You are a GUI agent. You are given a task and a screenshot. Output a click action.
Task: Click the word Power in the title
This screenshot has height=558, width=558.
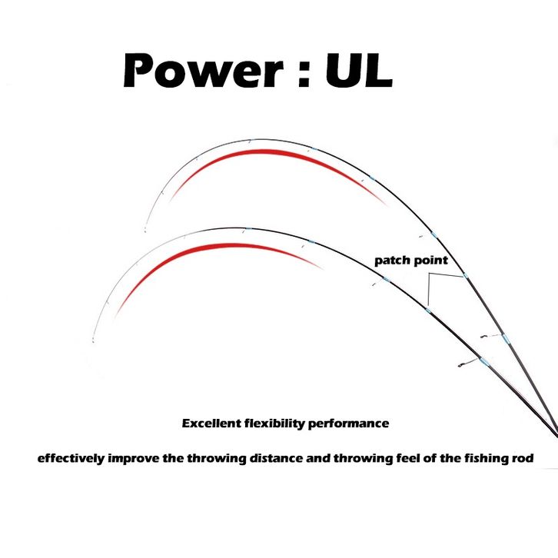coord(203,71)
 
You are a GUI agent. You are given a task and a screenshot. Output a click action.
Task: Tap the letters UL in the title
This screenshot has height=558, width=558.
coord(359,71)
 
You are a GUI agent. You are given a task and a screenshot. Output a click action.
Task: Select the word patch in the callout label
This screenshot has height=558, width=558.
coord(392,261)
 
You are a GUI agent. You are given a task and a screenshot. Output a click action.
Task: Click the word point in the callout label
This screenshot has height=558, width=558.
coord(430,261)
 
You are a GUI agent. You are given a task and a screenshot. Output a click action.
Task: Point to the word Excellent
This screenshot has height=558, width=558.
coord(211,423)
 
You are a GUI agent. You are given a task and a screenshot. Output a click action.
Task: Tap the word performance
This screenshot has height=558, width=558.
coord(348,423)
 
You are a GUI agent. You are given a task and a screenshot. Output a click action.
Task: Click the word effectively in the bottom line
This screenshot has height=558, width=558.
coord(71,458)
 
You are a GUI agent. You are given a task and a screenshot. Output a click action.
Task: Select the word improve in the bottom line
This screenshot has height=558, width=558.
coord(134,458)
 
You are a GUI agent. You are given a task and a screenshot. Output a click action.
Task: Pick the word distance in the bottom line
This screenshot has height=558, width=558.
coord(277,457)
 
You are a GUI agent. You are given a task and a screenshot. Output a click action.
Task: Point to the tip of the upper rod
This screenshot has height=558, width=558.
coord(145,231)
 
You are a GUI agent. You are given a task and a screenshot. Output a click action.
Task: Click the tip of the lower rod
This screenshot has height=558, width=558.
coord(93,341)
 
